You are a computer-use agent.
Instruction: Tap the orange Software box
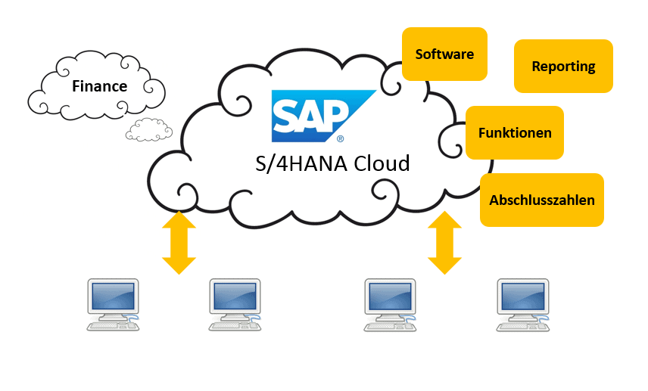point(444,54)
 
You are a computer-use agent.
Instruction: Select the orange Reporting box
point(563,66)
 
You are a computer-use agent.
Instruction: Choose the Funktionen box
point(515,132)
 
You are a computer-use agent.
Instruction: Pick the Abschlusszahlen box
point(542,200)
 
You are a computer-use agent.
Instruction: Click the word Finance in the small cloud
point(99,86)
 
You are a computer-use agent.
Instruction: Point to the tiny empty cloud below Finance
point(144,130)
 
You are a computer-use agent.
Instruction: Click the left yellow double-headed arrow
point(179,243)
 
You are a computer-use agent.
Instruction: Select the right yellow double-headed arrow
point(445,243)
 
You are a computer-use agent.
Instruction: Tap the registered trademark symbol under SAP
point(340,140)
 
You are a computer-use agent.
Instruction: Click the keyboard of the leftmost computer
point(107,325)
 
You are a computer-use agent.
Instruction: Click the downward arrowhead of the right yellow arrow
point(445,265)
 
